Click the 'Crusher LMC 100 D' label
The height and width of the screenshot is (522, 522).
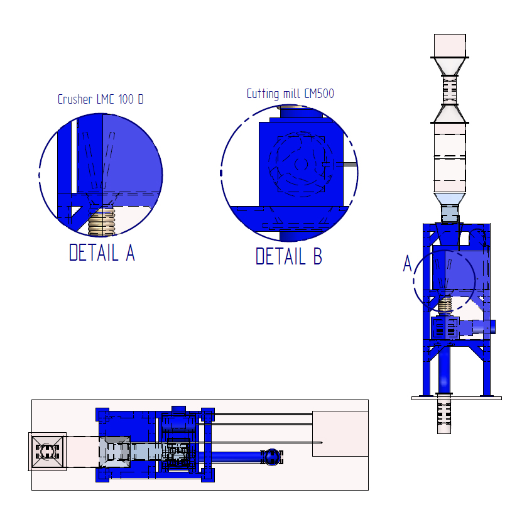point(101,99)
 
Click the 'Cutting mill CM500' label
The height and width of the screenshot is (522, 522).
point(290,94)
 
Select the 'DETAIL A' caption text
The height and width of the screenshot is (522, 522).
point(102,253)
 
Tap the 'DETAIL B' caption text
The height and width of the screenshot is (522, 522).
point(288,256)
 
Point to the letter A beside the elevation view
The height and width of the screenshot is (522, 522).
point(408,264)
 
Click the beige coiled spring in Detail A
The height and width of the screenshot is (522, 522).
point(102,222)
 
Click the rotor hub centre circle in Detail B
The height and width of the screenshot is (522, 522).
point(302,164)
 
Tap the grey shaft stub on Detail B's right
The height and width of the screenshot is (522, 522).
point(346,164)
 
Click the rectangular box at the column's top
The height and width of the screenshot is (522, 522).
point(450,46)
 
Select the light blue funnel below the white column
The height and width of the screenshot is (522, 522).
point(449,199)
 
